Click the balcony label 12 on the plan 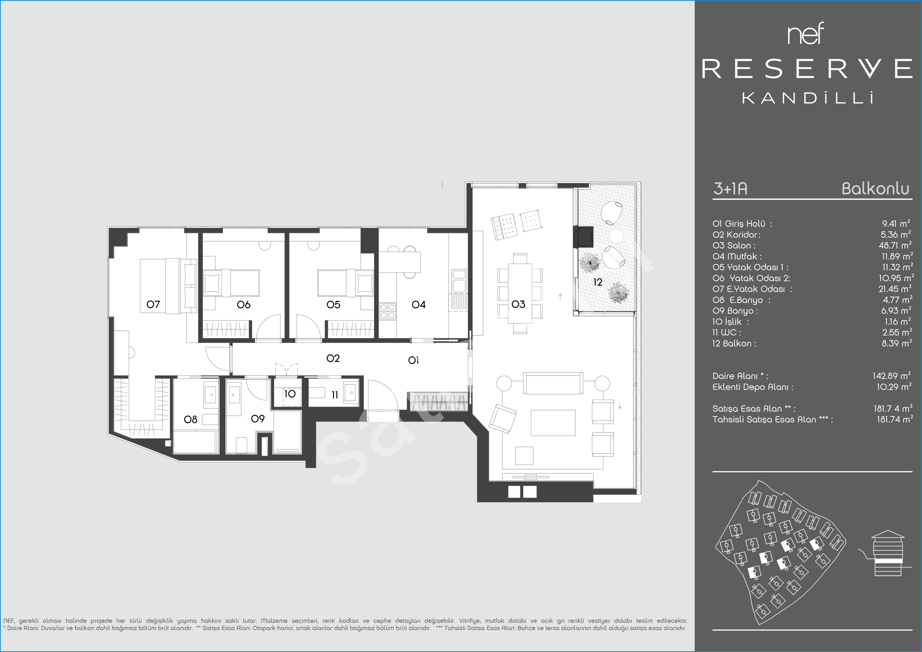pyautogui.click(x=598, y=282)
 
